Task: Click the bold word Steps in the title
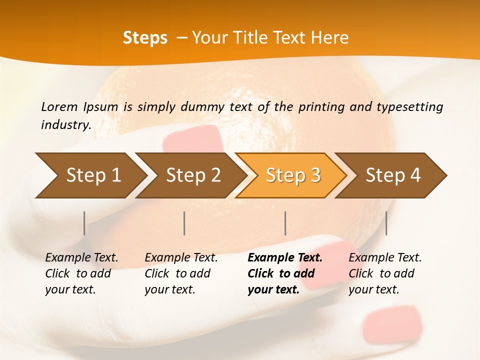(x=145, y=38)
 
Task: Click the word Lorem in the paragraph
(x=59, y=106)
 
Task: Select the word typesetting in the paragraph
(x=409, y=106)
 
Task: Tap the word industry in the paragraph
(x=65, y=124)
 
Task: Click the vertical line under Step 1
(x=84, y=223)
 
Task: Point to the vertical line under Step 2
(x=184, y=223)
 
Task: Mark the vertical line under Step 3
(x=285, y=223)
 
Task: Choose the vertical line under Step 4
(x=386, y=223)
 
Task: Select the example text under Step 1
(x=81, y=273)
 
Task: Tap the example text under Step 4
(x=385, y=273)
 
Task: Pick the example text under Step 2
(x=181, y=273)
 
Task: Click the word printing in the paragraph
(x=320, y=106)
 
